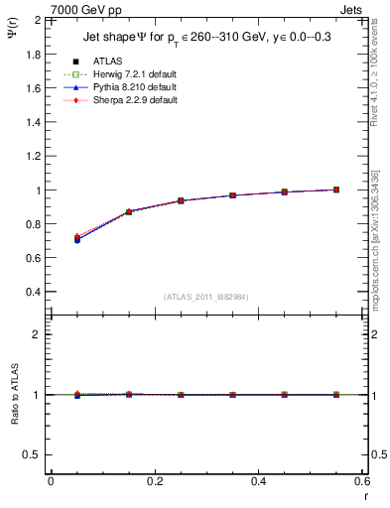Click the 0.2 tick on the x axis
[154, 481]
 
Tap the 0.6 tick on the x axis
[361, 481]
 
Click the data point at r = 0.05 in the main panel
[77, 239]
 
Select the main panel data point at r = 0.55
[336, 190]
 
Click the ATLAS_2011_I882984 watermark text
[205, 297]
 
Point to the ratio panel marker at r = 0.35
[232, 394]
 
